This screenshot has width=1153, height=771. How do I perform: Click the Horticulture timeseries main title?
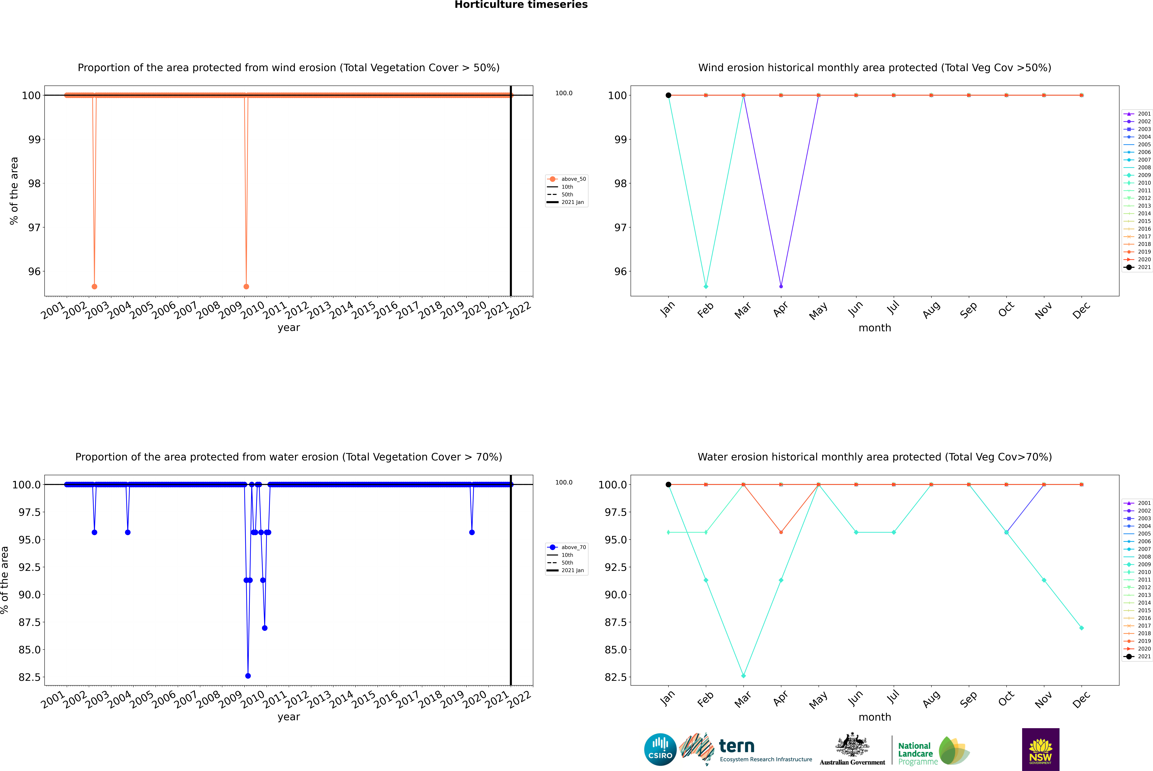pos(521,5)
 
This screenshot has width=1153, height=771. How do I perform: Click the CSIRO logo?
pos(660,749)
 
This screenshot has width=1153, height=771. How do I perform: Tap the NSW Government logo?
pos(1040,749)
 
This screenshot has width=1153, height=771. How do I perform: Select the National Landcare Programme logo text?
pos(915,753)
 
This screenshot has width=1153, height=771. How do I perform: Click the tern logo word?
pos(736,746)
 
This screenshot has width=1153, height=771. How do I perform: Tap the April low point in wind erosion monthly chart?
pos(781,286)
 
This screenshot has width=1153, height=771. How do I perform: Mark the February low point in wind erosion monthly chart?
pos(706,286)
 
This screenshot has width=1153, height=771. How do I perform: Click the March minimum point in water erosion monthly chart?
pos(743,676)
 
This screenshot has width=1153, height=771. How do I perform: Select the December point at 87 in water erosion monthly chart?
pos(1081,628)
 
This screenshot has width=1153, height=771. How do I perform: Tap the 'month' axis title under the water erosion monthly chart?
pos(874,717)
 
